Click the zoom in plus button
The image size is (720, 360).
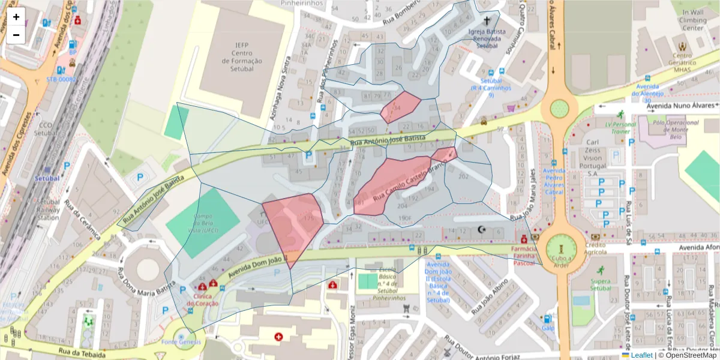coord(16,17)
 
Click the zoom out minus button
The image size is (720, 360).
coord(16,35)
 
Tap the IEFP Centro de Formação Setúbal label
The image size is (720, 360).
coord(242,56)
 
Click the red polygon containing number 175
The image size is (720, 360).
coord(293,225)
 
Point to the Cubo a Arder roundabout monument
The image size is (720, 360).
coord(560,248)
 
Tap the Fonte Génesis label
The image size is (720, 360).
coord(181,342)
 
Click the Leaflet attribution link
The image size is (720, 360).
coord(641,355)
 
